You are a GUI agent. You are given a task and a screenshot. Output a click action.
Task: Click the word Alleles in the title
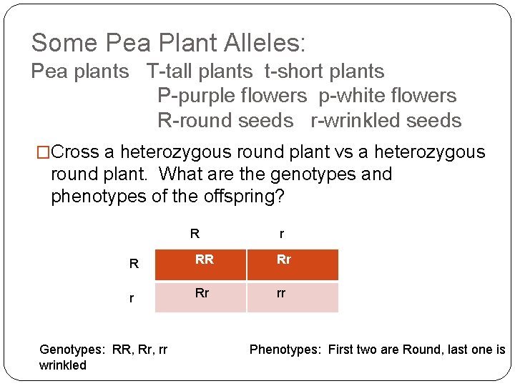pyautogui.click(x=265, y=43)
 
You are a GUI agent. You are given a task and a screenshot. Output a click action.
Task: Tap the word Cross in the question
pyautogui.click(x=76, y=152)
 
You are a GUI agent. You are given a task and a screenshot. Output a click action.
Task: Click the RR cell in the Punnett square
pyautogui.click(x=205, y=259)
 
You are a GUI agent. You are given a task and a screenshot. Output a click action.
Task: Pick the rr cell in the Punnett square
pyautogui.click(x=281, y=293)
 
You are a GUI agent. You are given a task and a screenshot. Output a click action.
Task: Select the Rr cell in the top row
pyautogui.click(x=283, y=259)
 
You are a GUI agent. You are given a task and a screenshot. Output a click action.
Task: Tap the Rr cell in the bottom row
pyautogui.click(x=202, y=293)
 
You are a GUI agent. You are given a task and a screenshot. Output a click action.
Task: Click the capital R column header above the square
pyautogui.click(x=195, y=233)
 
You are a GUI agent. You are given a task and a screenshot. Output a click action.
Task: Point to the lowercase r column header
pyautogui.click(x=281, y=234)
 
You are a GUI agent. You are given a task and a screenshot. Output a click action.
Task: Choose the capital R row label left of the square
pyautogui.click(x=134, y=264)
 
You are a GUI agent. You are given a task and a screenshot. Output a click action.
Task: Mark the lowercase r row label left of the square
pyautogui.click(x=131, y=298)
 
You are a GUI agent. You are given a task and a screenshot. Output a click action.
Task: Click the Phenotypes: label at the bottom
pyautogui.click(x=285, y=350)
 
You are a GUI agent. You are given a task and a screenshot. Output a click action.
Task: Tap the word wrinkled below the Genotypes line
pyautogui.click(x=63, y=365)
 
